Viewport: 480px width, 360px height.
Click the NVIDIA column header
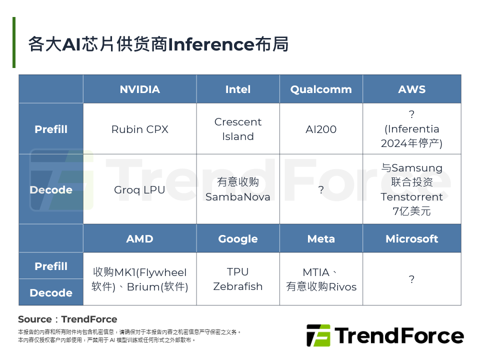click(x=139, y=89)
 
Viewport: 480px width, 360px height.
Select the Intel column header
click(x=237, y=89)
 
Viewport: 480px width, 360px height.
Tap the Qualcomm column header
click(x=321, y=89)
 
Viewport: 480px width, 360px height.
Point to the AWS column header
click(x=411, y=89)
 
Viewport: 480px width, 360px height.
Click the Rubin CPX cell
click(x=139, y=129)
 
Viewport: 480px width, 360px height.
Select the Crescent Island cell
click(x=237, y=129)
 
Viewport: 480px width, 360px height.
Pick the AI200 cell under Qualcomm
click(x=321, y=129)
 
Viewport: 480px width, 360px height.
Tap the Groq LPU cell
click(x=139, y=190)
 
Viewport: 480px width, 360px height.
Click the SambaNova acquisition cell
click(x=237, y=189)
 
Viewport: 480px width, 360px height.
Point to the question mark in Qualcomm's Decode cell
click(x=321, y=190)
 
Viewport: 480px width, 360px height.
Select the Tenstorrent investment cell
click(x=411, y=189)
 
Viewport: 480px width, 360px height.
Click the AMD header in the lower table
click(x=139, y=238)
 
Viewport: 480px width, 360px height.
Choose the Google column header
click(x=237, y=238)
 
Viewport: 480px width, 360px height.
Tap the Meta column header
click(x=321, y=238)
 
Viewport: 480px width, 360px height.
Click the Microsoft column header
click(x=411, y=238)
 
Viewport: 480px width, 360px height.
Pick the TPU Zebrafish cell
click(x=237, y=279)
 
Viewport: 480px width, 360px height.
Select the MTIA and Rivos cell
click(x=321, y=279)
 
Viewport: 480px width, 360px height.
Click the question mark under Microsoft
click(x=411, y=279)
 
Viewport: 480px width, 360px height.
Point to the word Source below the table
click(x=34, y=319)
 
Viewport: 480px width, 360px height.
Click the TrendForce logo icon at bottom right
click(x=318, y=335)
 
